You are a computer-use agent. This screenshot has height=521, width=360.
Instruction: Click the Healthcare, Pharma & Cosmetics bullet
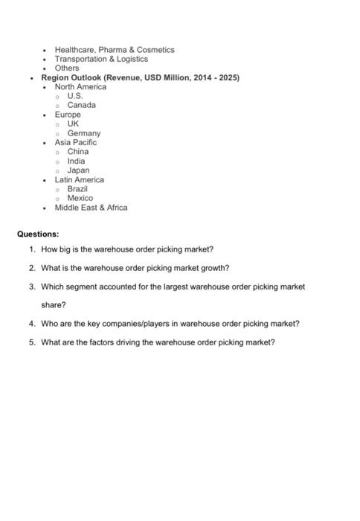pyautogui.click(x=114, y=50)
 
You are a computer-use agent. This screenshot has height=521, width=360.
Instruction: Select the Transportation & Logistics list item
pyautogui.click(x=101, y=59)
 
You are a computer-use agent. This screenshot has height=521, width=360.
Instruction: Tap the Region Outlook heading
pyautogui.click(x=140, y=77)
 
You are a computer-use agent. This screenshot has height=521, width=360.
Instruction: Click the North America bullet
pyautogui.click(x=80, y=87)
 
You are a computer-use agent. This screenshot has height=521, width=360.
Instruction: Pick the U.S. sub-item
pyautogui.click(x=75, y=96)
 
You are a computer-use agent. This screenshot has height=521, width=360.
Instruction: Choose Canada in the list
pyautogui.click(x=81, y=105)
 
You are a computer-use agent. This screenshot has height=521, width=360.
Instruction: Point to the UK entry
pyautogui.click(x=73, y=124)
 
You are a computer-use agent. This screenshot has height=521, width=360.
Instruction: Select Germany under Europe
pyautogui.click(x=83, y=133)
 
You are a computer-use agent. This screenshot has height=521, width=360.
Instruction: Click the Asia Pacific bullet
pyautogui.click(x=75, y=142)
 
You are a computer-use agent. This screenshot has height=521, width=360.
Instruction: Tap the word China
pyautogui.click(x=77, y=152)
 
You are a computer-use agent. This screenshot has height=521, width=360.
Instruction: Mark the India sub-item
pyautogui.click(x=76, y=161)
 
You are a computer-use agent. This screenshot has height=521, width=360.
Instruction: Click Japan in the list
pyautogui.click(x=78, y=170)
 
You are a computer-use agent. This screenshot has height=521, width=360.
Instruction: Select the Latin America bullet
pyautogui.click(x=79, y=179)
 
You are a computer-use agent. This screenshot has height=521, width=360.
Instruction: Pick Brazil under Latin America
pyautogui.click(x=77, y=189)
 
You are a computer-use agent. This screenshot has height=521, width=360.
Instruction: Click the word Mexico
pyautogui.click(x=80, y=198)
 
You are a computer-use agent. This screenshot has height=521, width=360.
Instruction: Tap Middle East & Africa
pyautogui.click(x=91, y=208)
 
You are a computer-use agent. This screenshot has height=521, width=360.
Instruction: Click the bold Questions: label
pyautogui.click(x=38, y=234)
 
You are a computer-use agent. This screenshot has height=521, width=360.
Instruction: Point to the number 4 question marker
pyautogui.click(x=33, y=324)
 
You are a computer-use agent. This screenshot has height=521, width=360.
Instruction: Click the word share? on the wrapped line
pyautogui.click(x=54, y=305)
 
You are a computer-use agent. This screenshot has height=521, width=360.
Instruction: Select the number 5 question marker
pyautogui.click(x=33, y=342)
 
